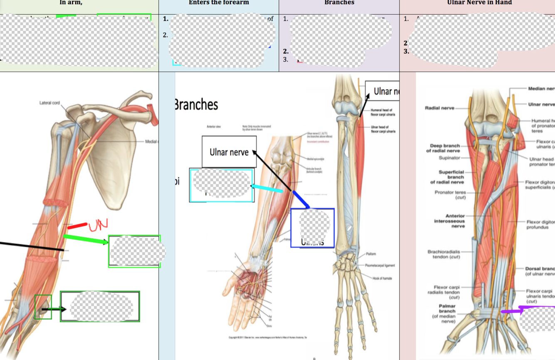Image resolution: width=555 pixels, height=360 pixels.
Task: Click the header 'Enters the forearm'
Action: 219,2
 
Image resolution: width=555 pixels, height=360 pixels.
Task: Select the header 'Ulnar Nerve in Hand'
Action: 479,2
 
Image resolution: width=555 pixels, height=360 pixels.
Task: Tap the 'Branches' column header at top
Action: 339,2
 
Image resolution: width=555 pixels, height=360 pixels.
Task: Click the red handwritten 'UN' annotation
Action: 98,224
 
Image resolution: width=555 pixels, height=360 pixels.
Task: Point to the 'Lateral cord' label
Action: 50,103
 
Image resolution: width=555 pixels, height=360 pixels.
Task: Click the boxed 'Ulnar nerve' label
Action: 229,152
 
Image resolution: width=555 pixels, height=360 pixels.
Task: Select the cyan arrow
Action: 268,188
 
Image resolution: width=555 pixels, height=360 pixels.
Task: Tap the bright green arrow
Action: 85,239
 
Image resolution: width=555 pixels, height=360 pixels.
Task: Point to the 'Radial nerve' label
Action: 439,108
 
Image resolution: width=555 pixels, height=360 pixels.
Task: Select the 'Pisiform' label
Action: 371,254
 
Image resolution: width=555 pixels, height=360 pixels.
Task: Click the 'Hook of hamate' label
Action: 382,278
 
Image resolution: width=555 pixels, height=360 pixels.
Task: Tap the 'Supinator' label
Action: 449,158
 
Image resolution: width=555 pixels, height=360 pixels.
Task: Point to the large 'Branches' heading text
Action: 196,104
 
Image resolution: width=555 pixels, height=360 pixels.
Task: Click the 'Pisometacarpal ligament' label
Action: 380,265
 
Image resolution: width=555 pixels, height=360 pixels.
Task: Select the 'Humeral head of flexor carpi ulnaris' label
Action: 383,112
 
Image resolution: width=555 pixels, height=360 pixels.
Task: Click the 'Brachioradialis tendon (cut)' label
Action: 444,254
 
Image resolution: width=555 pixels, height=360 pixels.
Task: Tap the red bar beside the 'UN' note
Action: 77,226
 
